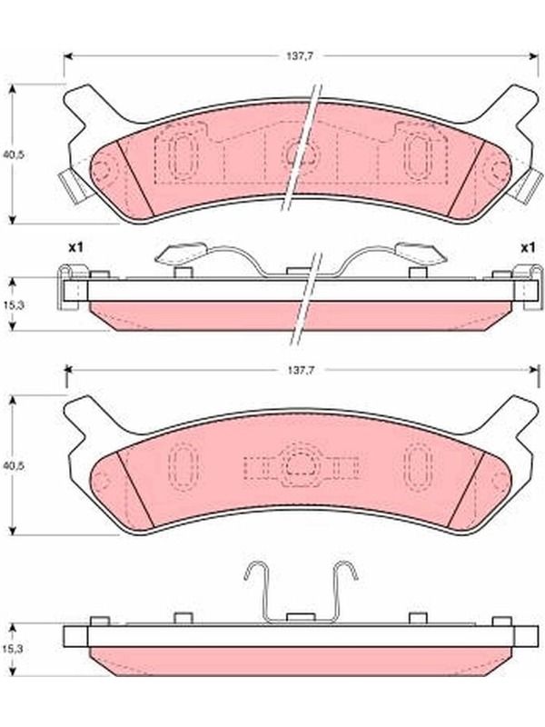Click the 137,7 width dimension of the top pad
pos(300,56)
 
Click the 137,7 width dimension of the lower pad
pos(300,370)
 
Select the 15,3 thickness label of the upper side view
pos(13,304)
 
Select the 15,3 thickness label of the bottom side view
pos(13,649)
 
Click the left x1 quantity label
pos(75,247)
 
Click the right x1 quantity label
pos(527,247)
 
